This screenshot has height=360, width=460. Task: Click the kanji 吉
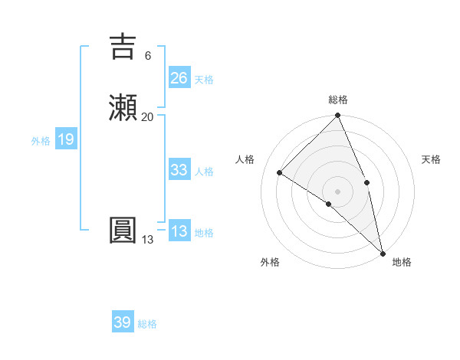click(x=123, y=47)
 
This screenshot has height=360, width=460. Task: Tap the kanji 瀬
click(x=123, y=106)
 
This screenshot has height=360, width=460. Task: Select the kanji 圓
click(x=123, y=230)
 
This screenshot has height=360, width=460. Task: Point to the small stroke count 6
click(x=147, y=56)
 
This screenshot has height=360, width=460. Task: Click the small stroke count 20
click(x=147, y=116)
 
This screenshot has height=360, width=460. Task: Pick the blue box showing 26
click(x=179, y=78)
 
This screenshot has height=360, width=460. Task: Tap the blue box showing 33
click(x=179, y=170)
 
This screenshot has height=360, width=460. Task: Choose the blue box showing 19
click(x=65, y=139)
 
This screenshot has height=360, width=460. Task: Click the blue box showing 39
click(x=122, y=322)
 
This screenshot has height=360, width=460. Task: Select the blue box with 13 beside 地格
click(x=179, y=231)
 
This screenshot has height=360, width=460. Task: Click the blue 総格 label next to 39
click(x=147, y=324)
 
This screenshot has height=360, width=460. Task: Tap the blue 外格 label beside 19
click(x=40, y=141)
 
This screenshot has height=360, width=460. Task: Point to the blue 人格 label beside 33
click(x=204, y=172)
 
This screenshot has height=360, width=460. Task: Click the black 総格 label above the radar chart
click(x=337, y=100)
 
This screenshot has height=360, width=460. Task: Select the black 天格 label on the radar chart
click(x=432, y=159)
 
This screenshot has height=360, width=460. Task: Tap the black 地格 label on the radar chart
click(x=402, y=262)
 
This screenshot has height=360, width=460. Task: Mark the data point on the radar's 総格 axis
click(x=337, y=116)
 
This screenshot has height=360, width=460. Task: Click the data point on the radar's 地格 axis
click(x=383, y=252)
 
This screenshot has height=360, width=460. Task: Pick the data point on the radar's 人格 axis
click(x=280, y=173)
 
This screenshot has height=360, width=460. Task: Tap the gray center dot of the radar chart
click(x=337, y=191)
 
